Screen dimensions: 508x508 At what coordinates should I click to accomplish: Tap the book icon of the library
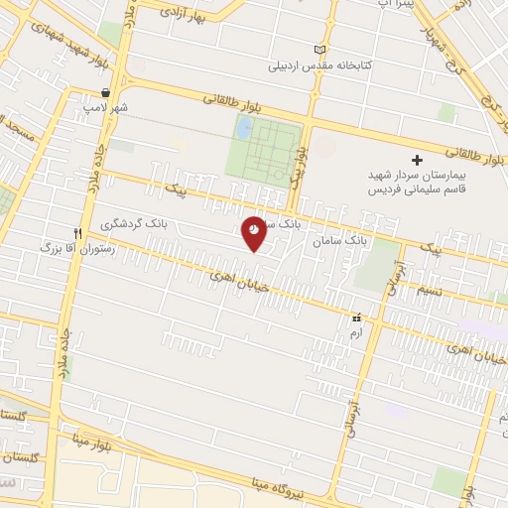[318, 50]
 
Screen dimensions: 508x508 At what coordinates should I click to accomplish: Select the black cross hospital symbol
[417, 160]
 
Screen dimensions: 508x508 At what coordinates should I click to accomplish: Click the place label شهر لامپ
[106, 106]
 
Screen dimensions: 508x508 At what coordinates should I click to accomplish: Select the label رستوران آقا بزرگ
[77, 249]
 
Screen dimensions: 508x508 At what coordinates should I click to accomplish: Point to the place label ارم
[356, 332]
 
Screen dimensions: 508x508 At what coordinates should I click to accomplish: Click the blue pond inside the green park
[244, 127]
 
